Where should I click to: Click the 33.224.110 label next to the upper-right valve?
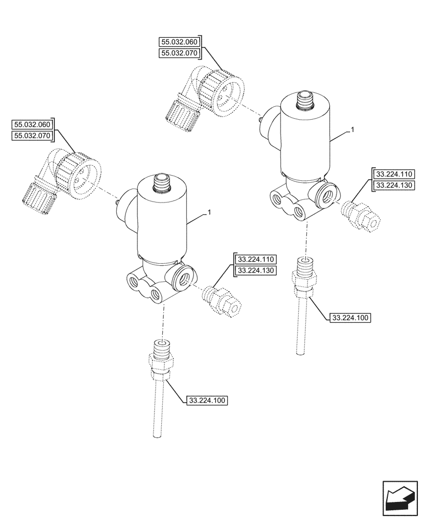[x=392, y=174]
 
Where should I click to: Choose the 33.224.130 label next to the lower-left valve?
[x=256, y=270]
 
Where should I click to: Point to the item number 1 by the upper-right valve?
[x=352, y=131]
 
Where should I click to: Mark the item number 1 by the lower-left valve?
[x=208, y=212]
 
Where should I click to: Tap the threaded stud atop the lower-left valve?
[x=161, y=183]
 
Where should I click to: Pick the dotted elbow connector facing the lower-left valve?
[x=60, y=175]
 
